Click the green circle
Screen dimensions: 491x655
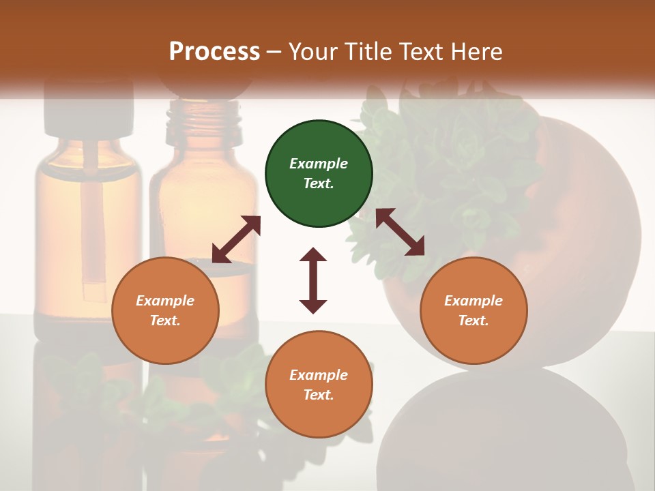click(x=319, y=174)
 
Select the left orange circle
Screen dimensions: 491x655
click(x=165, y=310)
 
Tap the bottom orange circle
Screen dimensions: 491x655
click(x=319, y=384)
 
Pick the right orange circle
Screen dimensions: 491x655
click(x=473, y=310)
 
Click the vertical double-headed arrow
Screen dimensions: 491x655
click(x=313, y=280)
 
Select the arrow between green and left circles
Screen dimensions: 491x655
click(x=236, y=239)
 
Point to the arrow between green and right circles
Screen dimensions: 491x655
click(x=400, y=232)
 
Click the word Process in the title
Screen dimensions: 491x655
click(x=214, y=51)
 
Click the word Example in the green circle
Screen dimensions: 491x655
click(x=319, y=164)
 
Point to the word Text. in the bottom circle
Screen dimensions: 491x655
click(x=319, y=395)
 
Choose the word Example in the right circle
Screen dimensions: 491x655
click(x=473, y=301)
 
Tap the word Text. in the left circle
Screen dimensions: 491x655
click(x=165, y=321)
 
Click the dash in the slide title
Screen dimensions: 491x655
click(x=274, y=52)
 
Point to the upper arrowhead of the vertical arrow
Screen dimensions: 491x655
click(x=313, y=254)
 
